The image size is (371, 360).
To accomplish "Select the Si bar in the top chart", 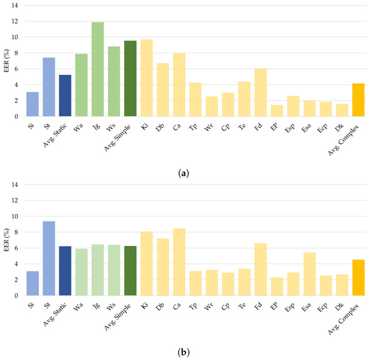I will (32, 104).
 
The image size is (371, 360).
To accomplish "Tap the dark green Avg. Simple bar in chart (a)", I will (130, 78).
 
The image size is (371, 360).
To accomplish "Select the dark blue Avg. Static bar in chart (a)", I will (65, 95).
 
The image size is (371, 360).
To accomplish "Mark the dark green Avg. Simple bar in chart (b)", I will (130, 270).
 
